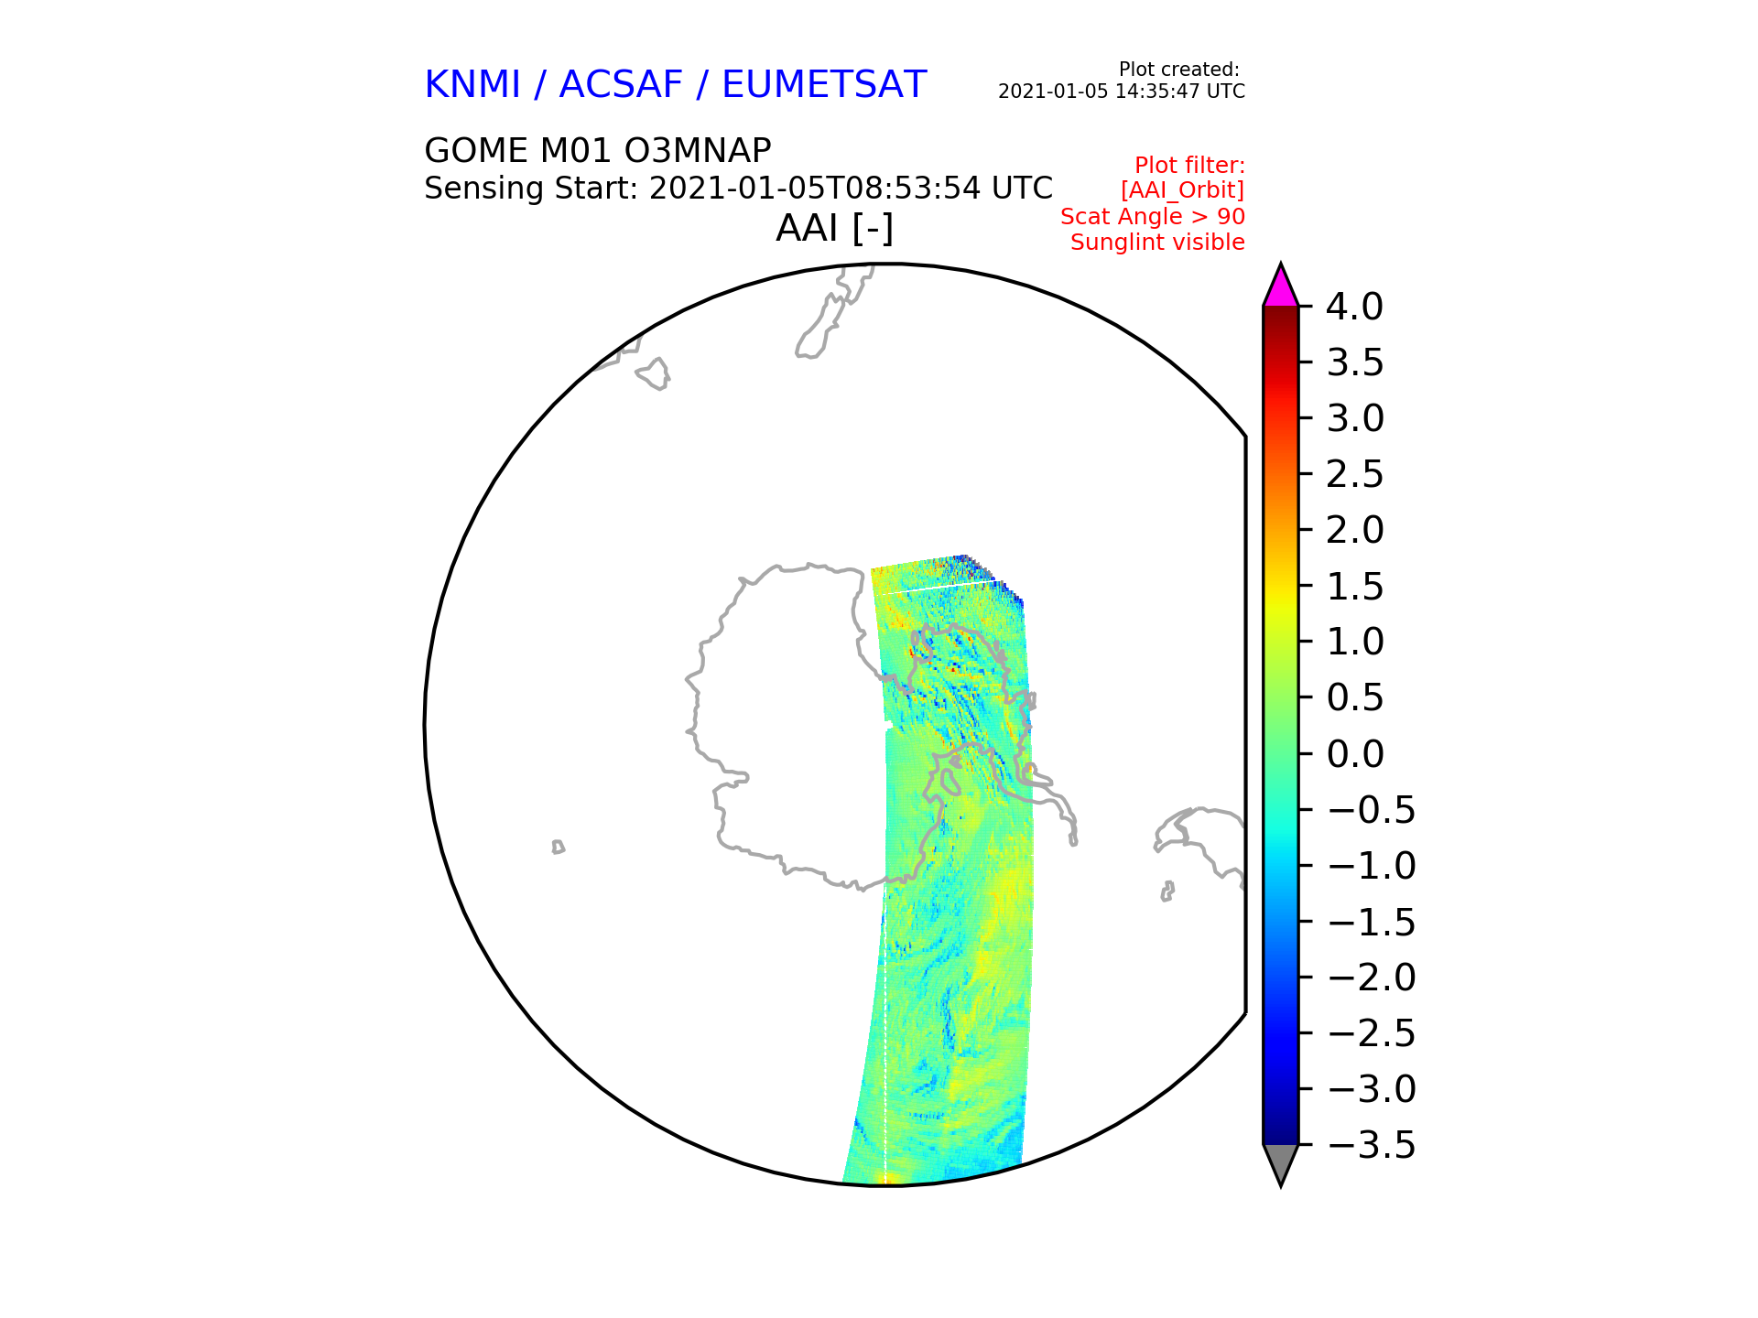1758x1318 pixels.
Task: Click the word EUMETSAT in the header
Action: (x=824, y=85)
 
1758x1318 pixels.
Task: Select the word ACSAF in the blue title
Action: (x=621, y=85)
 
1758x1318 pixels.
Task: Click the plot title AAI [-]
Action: (x=834, y=228)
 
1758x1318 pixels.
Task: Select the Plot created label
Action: (x=1178, y=70)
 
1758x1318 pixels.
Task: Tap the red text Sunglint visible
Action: (x=1157, y=243)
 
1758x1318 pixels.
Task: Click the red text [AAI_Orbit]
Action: (x=1182, y=190)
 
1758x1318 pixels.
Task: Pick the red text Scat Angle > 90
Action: (x=1152, y=217)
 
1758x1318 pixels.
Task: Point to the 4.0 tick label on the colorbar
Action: (x=1354, y=308)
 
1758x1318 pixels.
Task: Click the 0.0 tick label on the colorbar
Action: (x=1354, y=755)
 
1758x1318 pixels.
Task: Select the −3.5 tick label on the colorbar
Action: (x=1371, y=1145)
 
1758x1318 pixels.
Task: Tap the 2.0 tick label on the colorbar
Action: (x=1354, y=531)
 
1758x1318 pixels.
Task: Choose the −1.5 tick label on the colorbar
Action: (x=1371, y=923)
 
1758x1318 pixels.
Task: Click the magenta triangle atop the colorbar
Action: (x=1280, y=287)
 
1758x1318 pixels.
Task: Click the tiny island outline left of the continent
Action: (x=558, y=848)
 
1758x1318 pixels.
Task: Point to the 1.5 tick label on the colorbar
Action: (x=1354, y=587)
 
